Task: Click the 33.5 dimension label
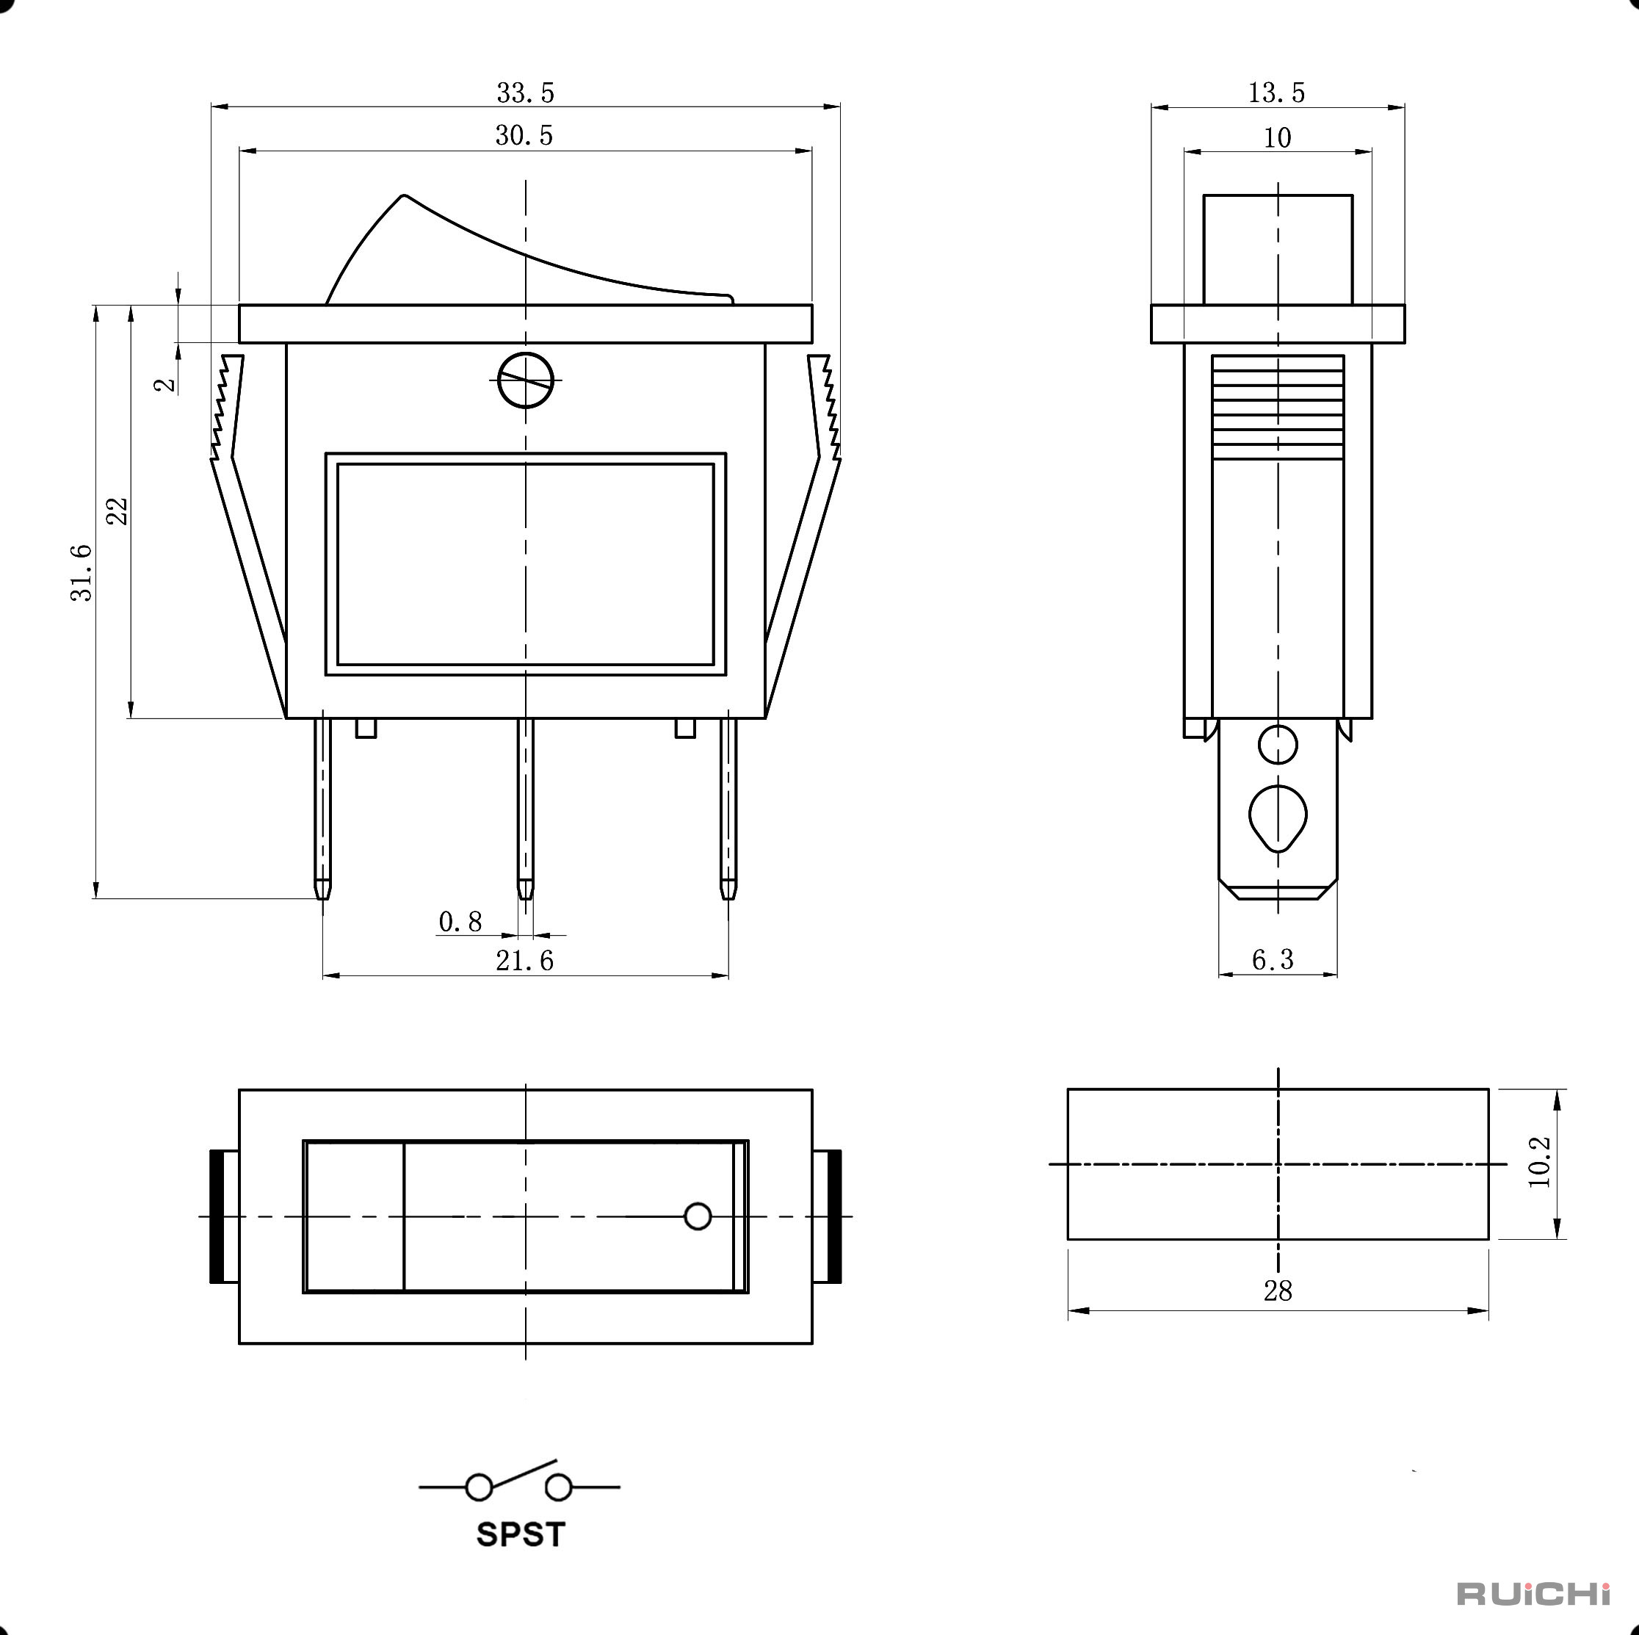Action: [525, 93]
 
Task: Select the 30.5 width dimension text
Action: [524, 136]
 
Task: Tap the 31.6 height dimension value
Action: [82, 574]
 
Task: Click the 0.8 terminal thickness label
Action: [460, 922]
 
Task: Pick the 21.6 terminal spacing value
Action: [524, 961]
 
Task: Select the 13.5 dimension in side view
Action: [1276, 93]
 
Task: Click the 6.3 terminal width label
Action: [1273, 959]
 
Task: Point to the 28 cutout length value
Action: [1278, 1291]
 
